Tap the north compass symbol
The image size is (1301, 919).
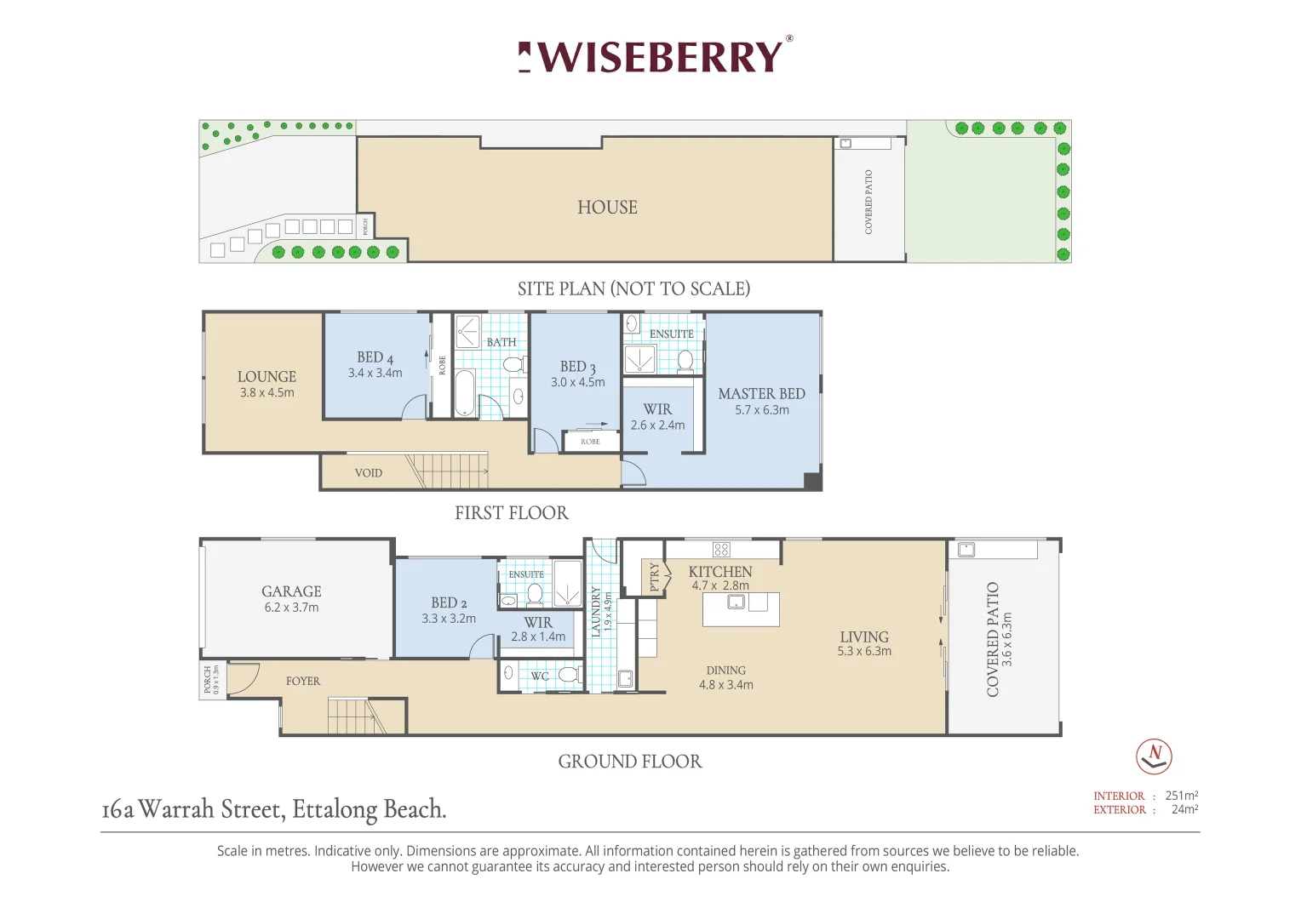click(x=1154, y=756)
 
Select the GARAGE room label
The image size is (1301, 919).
click(x=291, y=591)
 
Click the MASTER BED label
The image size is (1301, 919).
click(x=761, y=394)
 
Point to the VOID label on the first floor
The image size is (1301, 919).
click(x=368, y=472)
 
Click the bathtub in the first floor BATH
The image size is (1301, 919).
click(x=465, y=392)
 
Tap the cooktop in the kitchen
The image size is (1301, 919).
click(x=721, y=549)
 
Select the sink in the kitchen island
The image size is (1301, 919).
click(x=736, y=602)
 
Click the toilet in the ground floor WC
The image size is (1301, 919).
click(x=569, y=674)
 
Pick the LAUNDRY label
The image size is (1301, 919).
click(x=595, y=612)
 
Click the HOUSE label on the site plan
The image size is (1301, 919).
click(x=607, y=208)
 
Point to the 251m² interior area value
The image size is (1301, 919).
click(x=1181, y=795)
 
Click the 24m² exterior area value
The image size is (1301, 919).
click(x=1185, y=808)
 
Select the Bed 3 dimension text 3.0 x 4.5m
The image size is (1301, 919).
click(x=578, y=382)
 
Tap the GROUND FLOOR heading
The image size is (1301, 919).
click(x=629, y=761)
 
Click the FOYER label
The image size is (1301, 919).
click(x=302, y=681)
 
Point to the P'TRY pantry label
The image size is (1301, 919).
click(x=654, y=576)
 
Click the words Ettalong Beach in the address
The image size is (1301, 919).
click(x=370, y=809)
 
